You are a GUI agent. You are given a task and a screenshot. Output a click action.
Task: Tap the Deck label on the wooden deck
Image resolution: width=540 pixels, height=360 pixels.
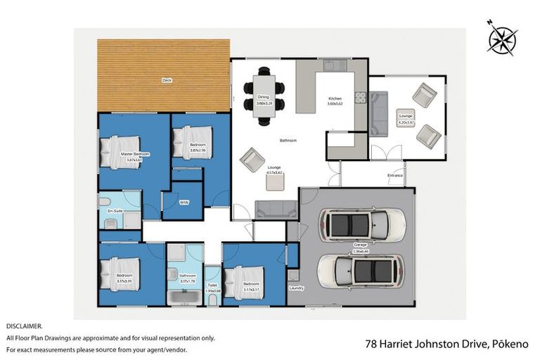point(167,81)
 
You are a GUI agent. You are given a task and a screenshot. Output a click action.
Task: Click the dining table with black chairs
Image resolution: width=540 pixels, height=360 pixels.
point(263,95)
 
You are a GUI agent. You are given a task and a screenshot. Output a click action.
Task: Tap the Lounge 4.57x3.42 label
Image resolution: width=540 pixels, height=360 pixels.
point(274,170)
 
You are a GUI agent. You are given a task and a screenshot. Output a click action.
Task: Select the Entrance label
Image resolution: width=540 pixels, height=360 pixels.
point(394,174)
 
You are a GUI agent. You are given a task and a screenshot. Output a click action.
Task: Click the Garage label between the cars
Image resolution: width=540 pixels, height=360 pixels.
point(360,245)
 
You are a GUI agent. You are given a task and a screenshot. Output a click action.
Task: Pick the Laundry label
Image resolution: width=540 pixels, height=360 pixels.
point(296,288)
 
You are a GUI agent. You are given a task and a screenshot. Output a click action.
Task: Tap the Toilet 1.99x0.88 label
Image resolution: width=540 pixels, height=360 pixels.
point(212,287)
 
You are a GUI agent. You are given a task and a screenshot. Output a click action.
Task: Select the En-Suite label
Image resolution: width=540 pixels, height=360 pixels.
point(115,211)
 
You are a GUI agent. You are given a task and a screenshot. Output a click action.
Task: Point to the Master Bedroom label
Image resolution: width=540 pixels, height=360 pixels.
point(135,155)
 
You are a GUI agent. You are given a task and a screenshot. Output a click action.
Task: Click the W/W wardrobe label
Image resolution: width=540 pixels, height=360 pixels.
point(184,202)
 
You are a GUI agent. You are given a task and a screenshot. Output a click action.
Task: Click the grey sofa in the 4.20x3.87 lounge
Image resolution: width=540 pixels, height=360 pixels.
point(378,114)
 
